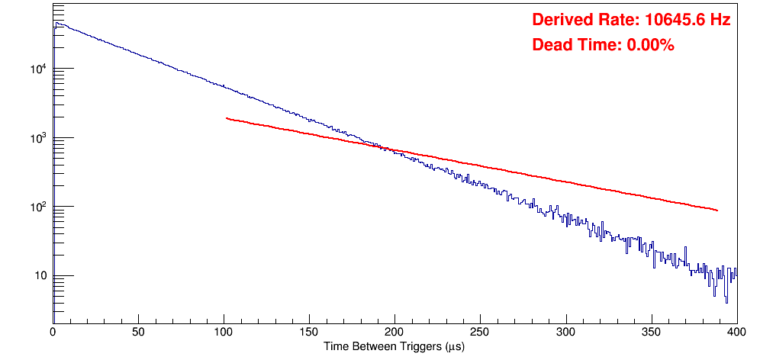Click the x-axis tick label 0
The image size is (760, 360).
point(53,333)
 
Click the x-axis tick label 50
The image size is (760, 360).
point(138,333)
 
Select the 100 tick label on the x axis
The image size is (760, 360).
point(224,333)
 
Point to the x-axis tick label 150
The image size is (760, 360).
point(309,333)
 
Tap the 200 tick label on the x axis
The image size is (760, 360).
point(394,333)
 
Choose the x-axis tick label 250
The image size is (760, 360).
point(480,333)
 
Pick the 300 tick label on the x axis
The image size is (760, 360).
point(565,333)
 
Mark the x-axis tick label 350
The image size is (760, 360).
point(651,333)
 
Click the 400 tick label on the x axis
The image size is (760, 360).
point(736,333)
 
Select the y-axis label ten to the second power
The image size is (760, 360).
point(40,206)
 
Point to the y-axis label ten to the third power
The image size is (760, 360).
point(40,137)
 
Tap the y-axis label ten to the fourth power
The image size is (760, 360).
point(40,69)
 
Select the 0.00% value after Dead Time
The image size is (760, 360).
point(650,45)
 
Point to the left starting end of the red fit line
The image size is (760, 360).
point(227,118)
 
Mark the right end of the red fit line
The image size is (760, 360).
point(717,210)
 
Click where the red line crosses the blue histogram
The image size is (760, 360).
point(384,147)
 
